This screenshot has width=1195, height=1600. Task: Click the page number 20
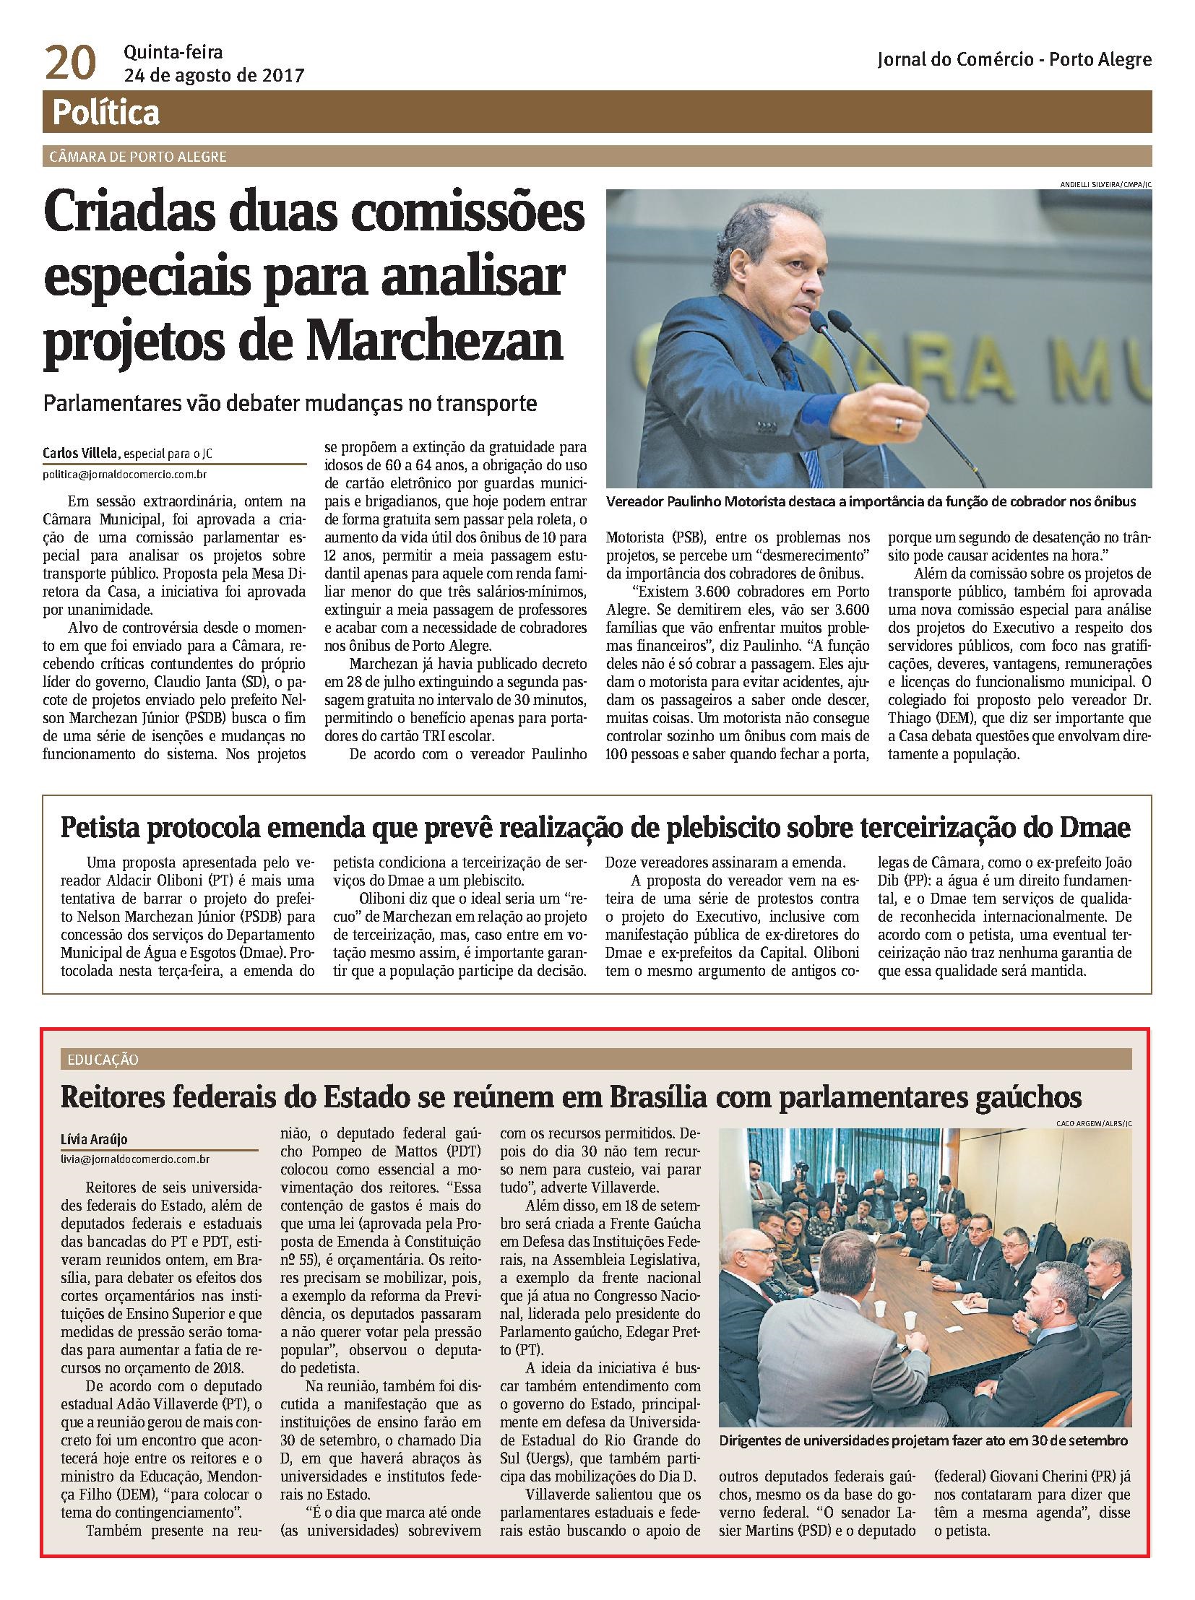(x=70, y=64)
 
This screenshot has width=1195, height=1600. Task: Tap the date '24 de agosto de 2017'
(x=213, y=75)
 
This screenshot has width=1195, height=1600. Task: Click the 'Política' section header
(x=105, y=113)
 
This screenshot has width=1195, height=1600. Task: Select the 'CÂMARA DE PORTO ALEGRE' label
(x=138, y=157)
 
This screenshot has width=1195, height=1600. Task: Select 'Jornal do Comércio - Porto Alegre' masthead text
(x=1014, y=61)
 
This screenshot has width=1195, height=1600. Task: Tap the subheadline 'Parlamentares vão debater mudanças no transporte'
(x=290, y=403)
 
